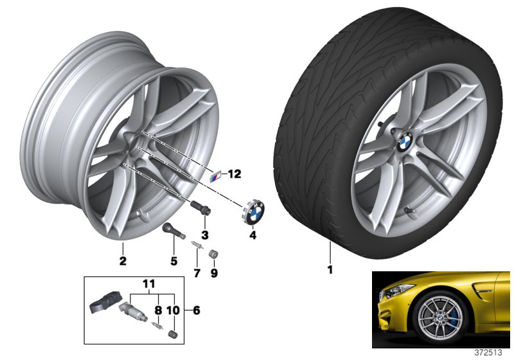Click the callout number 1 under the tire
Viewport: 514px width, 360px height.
[x=330, y=270]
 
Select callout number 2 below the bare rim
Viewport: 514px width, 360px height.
[x=123, y=261]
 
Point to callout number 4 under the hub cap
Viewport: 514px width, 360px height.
[x=253, y=236]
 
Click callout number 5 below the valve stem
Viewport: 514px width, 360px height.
[x=173, y=261]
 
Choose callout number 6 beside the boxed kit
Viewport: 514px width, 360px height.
[x=197, y=310]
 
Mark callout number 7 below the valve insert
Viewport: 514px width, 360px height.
[x=197, y=273]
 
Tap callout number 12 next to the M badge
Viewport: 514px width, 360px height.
[x=233, y=174]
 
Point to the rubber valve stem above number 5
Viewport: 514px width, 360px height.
[x=170, y=232]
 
